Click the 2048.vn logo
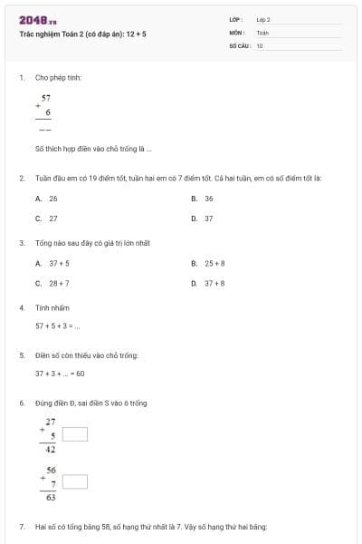(x=37, y=20)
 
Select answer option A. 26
(x=46, y=198)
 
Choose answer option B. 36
(x=203, y=198)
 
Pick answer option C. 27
(x=46, y=219)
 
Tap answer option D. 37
(x=203, y=219)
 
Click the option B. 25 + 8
(x=208, y=263)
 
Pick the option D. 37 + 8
(x=208, y=284)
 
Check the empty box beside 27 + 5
(x=75, y=434)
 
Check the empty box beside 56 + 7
(x=75, y=481)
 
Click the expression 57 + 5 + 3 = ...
(x=57, y=326)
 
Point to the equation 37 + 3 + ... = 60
(x=60, y=374)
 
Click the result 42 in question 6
(x=50, y=450)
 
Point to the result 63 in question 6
(x=50, y=497)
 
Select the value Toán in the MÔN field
(x=262, y=32)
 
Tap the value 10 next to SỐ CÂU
(x=260, y=44)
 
